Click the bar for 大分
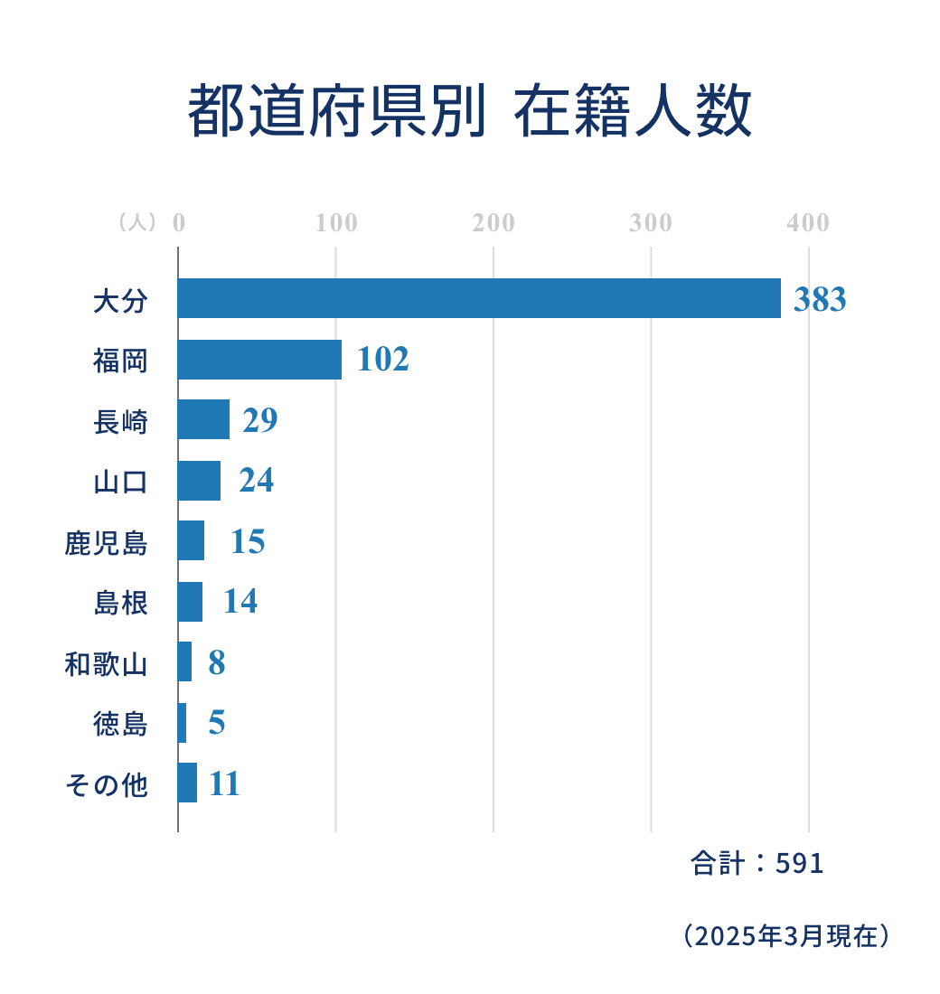coord(479,298)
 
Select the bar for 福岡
coord(259,360)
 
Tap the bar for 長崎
coord(203,419)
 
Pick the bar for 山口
coord(199,480)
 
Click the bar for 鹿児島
coord(191,540)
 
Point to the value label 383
coord(820,299)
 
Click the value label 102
coord(383,360)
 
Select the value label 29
coord(260,420)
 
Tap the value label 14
coord(240,601)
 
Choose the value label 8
coord(217,662)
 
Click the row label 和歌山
coord(106,665)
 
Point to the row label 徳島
coord(120,725)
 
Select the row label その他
coord(106,785)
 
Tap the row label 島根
coord(120,603)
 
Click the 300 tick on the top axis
coord(651,223)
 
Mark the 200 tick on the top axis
coord(493,223)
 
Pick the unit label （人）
coord(137,223)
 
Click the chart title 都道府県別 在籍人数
coord(470,112)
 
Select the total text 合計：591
coord(757,864)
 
